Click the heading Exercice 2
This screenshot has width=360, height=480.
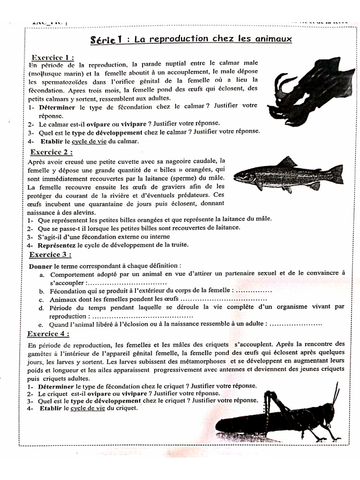click(51, 152)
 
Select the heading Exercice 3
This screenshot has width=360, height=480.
click(50, 255)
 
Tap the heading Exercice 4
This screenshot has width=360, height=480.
click(48, 334)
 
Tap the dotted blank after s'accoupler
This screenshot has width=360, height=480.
click(127, 283)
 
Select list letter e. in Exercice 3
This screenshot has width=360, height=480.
click(41, 324)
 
